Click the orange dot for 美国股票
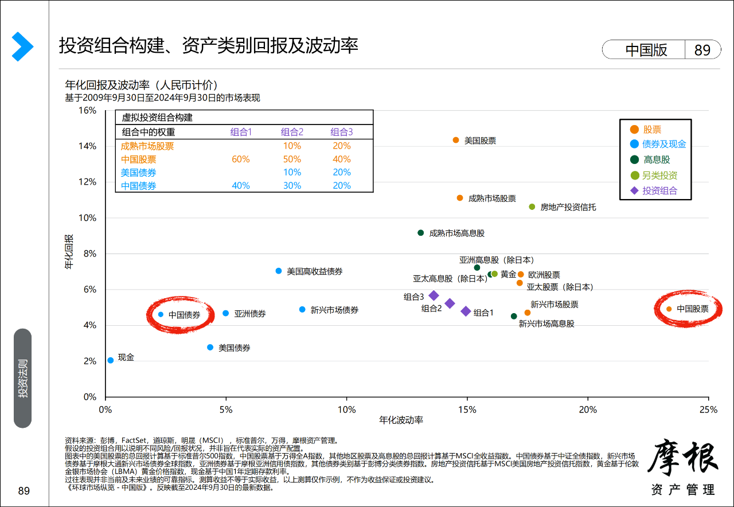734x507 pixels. pos(456,140)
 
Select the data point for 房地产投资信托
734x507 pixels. pos(532,206)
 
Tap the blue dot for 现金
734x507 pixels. pos(110,360)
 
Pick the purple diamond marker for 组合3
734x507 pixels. pos(434,295)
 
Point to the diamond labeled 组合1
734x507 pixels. pos(466,311)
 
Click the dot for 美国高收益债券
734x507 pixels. pos(279,271)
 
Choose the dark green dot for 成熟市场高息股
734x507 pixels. pos(420,233)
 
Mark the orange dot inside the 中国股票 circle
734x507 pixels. pos(669,309)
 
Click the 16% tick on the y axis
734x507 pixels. pos(87,110)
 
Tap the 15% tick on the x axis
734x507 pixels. pos(467,409)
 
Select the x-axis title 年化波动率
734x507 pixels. pos(401,420)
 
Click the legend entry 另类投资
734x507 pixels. pos(659,175)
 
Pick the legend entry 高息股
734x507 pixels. pos(656,160)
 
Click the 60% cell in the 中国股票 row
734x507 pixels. pos(241,159)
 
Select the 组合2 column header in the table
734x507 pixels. pos(292,132)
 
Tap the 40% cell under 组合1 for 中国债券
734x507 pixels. pos(241,185)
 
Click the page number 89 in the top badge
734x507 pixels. pos(702,50)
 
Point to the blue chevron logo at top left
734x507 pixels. pos(22,47)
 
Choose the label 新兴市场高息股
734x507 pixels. pos(546,323)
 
